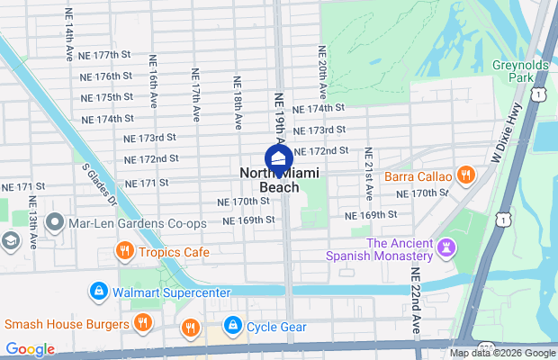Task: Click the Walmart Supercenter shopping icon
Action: point(98,292)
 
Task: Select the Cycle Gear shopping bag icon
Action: point(232,325)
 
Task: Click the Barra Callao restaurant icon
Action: point(465,175)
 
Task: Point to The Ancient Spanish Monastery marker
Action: point(447,246)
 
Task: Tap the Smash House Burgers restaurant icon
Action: point(141,322)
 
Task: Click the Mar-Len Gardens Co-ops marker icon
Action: point(55,222)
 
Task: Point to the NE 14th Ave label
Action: point(68,35)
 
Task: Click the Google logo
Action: point(30,349)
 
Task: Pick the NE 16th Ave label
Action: point(153,98)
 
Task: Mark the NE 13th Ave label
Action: point(33,221)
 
